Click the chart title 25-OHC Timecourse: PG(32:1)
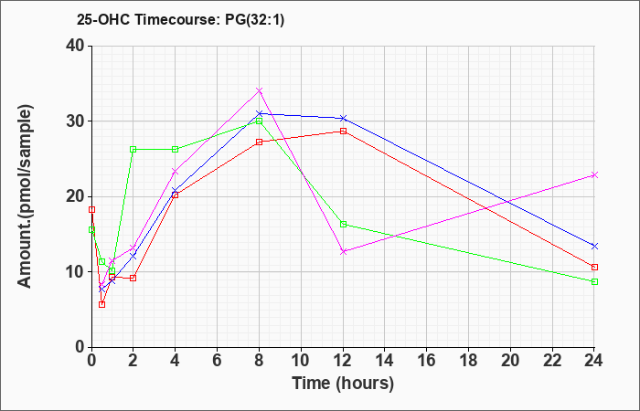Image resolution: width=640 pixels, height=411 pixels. click(180, 19)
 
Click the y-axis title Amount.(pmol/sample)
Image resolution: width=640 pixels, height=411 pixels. click(26, 196)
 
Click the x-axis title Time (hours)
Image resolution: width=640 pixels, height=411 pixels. click(343, 384)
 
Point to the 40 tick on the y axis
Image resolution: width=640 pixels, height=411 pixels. click(76, 46)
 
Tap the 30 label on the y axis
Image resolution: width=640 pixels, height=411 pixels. click(76, 121)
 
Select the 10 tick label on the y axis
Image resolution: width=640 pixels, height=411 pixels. click(76, 272)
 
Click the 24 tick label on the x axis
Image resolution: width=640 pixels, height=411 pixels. click(594, 361)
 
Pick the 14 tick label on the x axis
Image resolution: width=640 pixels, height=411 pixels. click(385, 361)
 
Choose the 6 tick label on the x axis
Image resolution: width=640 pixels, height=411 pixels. click(218, 361)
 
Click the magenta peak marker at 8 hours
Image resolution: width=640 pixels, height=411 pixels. click(259, 90)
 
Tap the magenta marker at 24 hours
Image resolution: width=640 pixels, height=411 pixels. click(594, 175)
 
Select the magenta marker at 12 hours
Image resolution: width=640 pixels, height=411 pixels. click(343, 251)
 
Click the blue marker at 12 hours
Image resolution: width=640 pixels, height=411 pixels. click(343, 118)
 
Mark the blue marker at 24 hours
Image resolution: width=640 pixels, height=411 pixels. click(594, 246)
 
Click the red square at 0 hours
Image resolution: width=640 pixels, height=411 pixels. click(91, 209)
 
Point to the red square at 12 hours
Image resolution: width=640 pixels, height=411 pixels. click(343, 132)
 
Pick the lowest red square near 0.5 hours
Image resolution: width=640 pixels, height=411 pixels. click(102, 304)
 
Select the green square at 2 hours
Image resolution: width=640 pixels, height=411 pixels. click(133, 149)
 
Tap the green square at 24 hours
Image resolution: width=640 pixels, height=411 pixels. click(594, 281)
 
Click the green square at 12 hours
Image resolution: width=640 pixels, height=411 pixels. click(343, 225)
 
